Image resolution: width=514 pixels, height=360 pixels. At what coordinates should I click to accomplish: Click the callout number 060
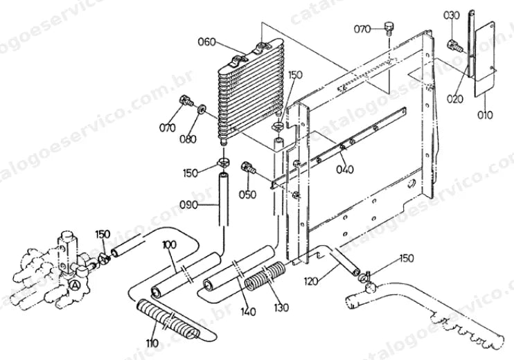click(207, 42)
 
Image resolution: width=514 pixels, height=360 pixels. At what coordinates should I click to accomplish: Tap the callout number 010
click(484, 115)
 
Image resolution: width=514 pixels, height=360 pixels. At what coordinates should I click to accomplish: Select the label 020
click(455, 98)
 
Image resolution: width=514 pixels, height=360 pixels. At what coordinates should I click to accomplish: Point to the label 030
click(452, 15)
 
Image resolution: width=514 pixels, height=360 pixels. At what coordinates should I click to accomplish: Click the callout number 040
click(345, 170)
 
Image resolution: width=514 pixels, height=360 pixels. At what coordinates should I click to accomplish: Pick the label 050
click(247, 195)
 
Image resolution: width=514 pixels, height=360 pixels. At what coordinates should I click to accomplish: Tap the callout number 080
click(188, 139)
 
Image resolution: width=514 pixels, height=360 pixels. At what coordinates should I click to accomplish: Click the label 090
click(188, 205)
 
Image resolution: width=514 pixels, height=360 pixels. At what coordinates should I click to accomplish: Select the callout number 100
click(169, 244)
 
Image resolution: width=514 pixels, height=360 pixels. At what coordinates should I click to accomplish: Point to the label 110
click(152, 343)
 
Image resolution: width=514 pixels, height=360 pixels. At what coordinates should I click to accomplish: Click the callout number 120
click(311, 281)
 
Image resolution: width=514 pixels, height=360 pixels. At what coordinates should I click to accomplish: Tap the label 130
click(281, 307)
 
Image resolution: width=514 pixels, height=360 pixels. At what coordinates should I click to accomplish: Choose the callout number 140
click(248, 311)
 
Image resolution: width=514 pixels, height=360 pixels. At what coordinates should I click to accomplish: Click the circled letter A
click(75, 285)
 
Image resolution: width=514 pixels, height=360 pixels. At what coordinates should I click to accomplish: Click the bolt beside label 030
click(455, 46)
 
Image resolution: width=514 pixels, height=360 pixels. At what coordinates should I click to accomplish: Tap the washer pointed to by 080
click(202, 109)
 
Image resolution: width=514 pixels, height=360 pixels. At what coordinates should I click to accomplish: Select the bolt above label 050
click(249, 168)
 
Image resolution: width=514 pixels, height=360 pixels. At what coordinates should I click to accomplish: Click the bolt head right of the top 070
click(389, 28)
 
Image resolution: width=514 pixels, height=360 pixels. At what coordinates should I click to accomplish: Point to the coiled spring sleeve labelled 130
click(265, 276)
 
